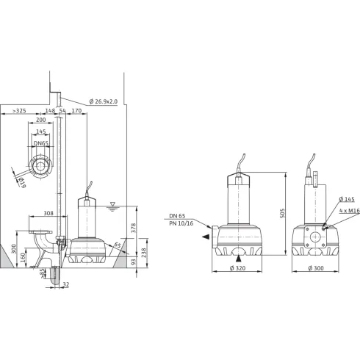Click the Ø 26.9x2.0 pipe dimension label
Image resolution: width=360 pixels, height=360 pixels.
click(x=104, y=101)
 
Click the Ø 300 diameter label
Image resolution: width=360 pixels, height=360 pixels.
click(x=317, y=269)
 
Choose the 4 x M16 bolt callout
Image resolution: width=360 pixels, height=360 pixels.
click(x=348, y=210)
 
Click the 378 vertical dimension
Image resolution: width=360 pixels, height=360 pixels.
click(x=133, y=228)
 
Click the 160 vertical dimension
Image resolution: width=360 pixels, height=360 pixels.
click(x=23, y=258)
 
